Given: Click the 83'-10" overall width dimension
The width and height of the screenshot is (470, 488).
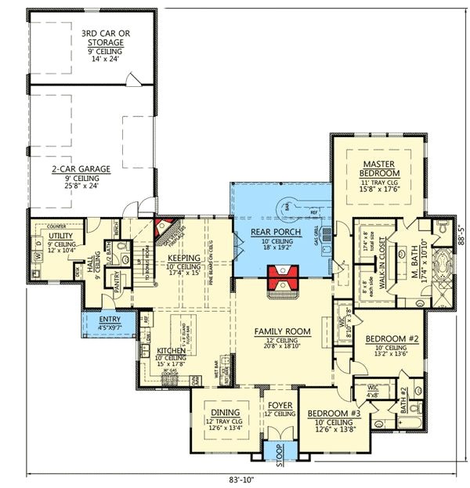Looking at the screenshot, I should click(243, 479).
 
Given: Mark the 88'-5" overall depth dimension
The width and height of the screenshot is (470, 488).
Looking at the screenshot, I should click(462, 232).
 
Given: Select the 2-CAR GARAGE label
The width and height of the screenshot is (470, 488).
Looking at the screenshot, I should click(80, 168).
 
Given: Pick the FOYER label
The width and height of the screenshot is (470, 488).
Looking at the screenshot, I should click(279, 407).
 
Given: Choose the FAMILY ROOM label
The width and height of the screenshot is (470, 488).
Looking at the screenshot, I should click(283, 331).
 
